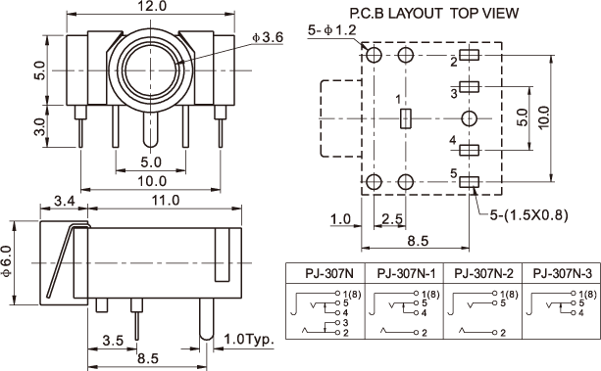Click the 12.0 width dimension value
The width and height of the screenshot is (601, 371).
click(x=152, y=6)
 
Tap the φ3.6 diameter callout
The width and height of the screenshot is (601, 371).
click(x=267, y=37)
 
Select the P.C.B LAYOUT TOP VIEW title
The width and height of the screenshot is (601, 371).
click(x=434, y=14)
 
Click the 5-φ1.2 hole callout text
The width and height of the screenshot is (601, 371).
click(x=332, y=30)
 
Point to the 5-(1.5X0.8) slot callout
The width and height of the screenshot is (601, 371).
click(x=529, y=215)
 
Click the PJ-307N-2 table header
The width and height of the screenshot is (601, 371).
click(x=483, y=273)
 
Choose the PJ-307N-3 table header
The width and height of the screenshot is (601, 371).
click(x=563, y=273)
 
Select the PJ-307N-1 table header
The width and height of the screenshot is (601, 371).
click(x=406, y=273)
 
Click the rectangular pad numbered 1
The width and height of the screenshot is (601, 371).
click(x=406, y=118)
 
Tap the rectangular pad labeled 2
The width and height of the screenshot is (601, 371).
click(x=470, y=55)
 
